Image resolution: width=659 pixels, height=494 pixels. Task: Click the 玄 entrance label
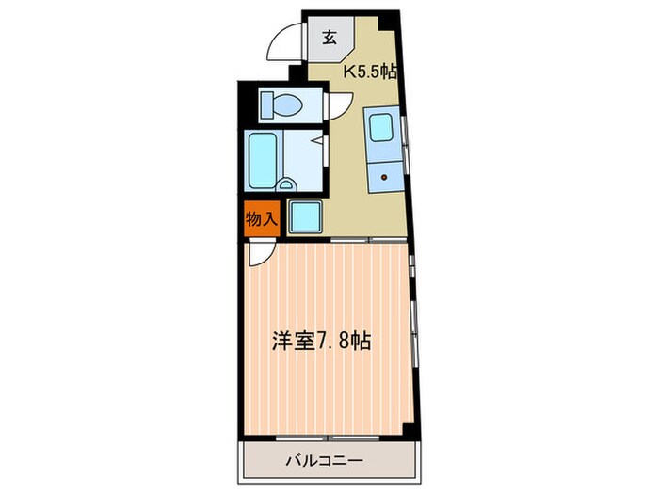pyautogui.click(x=329, y=39)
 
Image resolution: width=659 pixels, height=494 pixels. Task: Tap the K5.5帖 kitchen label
pyautogui.click(x=370, y=72)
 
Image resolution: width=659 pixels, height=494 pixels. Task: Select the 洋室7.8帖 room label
pyautogui.click(x=321, y=341)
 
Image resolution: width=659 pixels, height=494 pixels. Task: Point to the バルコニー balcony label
pyautogui.click(x=324, y=461)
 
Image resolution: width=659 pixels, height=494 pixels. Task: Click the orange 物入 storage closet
pyautogui.click(x=262, y=219)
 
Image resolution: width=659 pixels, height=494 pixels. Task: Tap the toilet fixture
pyautogui.click(x=281, y=104)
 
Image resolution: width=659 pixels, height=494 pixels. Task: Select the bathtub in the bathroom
pyautogui.click(x=263, y=161)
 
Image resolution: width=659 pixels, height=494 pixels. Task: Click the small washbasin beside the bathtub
pyautogui.click(x=286, y=184)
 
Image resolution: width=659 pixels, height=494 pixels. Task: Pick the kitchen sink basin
pyautogui.click(x=380, y=128)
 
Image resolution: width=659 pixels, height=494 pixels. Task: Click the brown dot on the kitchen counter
pyautogui.click(x=384, y=177)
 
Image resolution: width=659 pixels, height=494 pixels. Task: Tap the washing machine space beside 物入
pyautogui.click(x=306, y=216)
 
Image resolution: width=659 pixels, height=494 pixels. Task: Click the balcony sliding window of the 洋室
pyautogui.click(x=328, y=438)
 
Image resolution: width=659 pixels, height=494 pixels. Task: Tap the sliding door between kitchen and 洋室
pyautogui.click(x=369, y=240)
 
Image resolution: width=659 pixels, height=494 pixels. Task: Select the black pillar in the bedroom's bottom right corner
pyautogui.click(x=410, y=430)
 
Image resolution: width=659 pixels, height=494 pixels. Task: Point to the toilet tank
pyautogui.click(x=266, y=104)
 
